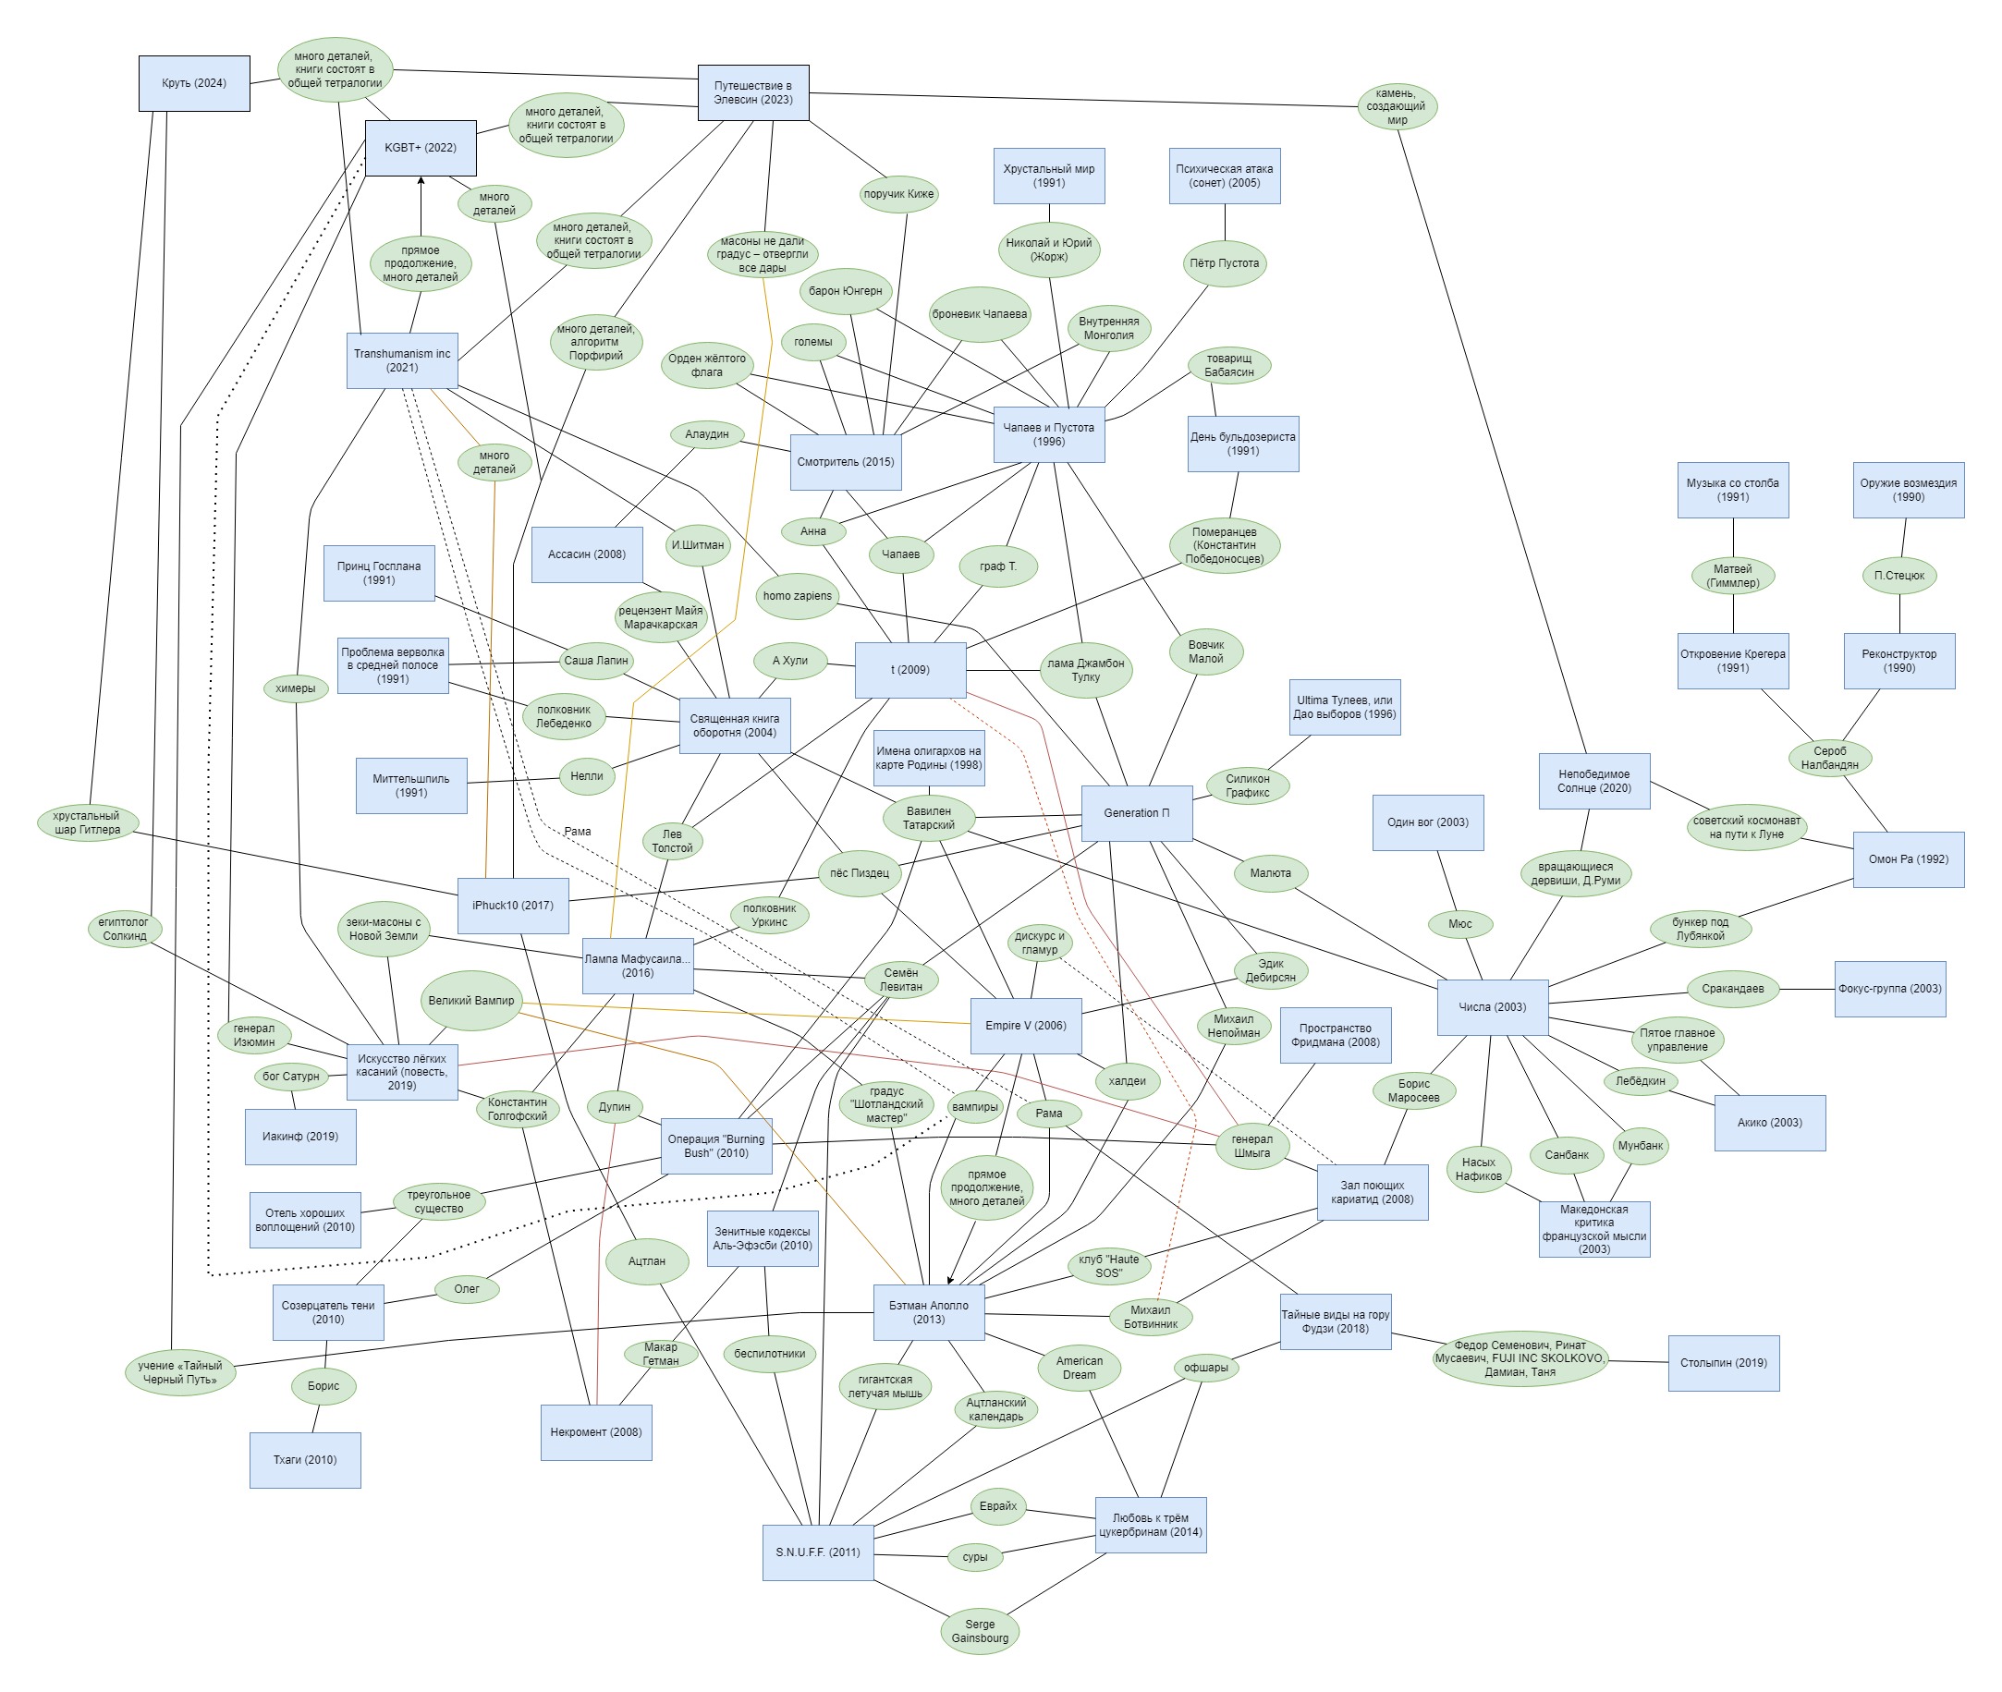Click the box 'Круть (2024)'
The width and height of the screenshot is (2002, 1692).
coord(194,83)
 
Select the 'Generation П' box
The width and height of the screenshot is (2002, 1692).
coord(1136,813)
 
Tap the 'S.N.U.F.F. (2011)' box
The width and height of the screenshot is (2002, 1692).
coord(817,1552)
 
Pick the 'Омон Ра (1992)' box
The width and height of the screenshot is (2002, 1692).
coord(1907,859)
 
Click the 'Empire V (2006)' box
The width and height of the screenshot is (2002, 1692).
coord(1024,1026)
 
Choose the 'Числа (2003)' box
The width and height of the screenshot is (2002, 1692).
coord(1492,1007)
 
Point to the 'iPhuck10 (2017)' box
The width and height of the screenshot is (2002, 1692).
coord(512,906)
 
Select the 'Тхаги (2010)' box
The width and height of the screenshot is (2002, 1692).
coord(305,1460)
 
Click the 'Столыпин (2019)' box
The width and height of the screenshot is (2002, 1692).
coord(1723,1363)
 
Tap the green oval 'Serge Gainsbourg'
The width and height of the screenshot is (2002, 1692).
coord(980,1631)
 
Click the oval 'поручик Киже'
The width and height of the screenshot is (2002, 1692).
coord(897,194)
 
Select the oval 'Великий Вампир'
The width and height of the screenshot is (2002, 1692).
coord(471,1001)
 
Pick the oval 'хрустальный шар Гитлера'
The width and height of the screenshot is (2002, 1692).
coord(87,823)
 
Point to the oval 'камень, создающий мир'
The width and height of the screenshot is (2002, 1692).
coord(1397,106)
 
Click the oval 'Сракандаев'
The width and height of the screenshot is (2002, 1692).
coord(1731,989)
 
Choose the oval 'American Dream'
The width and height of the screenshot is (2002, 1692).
coord(1080,1368)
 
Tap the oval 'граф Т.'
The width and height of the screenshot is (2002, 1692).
coord(997,566)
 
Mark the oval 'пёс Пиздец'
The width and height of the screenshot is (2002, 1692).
coord(859,873)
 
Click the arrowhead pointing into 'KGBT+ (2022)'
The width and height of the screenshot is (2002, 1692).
coord(421,180)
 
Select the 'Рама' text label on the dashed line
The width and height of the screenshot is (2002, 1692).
coord(578,832)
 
